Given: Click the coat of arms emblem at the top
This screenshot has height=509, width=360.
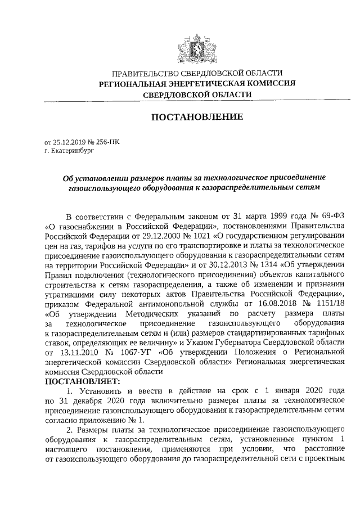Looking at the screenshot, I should (197, 46).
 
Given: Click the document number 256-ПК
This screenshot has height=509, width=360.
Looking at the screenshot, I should (107, 142).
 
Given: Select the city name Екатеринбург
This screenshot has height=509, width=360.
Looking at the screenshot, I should (73, 151).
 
